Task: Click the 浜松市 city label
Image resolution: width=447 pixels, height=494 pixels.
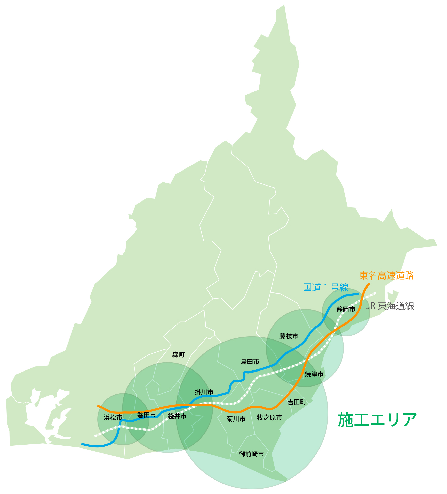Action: click(x=113, y=418)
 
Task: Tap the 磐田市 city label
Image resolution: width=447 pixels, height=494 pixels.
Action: click(x=147, y=415)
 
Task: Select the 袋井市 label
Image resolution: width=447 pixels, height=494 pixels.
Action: click(x=177, y=416)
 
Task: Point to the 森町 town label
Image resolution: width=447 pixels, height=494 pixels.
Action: click(x=179, y=354)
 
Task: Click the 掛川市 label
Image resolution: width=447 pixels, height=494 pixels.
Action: click(x=204, y=392)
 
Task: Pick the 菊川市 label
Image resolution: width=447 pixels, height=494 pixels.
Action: click(x=236, y=419)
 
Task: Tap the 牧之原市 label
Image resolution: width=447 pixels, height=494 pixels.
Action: click(x=269, y=418)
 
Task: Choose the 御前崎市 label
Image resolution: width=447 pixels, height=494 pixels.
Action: click(x=251, y=454)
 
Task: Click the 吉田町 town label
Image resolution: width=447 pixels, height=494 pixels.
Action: click(x=297, y=402)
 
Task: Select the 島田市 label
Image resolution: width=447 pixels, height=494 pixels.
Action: click(x=250, y=362)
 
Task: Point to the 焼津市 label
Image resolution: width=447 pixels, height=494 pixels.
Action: click(x=314, y=374)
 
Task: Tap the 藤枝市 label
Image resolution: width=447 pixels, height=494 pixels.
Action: click(x=289, y=336)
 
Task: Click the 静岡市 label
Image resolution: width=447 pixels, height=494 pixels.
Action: click(x=346, y=309)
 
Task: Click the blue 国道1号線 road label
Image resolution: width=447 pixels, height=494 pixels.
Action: click(x=325, y=287)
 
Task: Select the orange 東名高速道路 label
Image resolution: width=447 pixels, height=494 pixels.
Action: click(x=387, y=275)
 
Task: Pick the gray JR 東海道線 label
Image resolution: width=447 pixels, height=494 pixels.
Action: click(x=390, y=306)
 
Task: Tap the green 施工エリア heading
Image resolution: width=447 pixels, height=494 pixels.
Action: click(x=377, y=420)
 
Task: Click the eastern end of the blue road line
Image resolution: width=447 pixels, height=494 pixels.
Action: click(x=359, y=294)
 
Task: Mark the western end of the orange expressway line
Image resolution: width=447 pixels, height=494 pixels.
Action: click(x=98, y=406)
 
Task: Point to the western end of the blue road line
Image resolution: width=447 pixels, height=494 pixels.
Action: click(x=82, y=444)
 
